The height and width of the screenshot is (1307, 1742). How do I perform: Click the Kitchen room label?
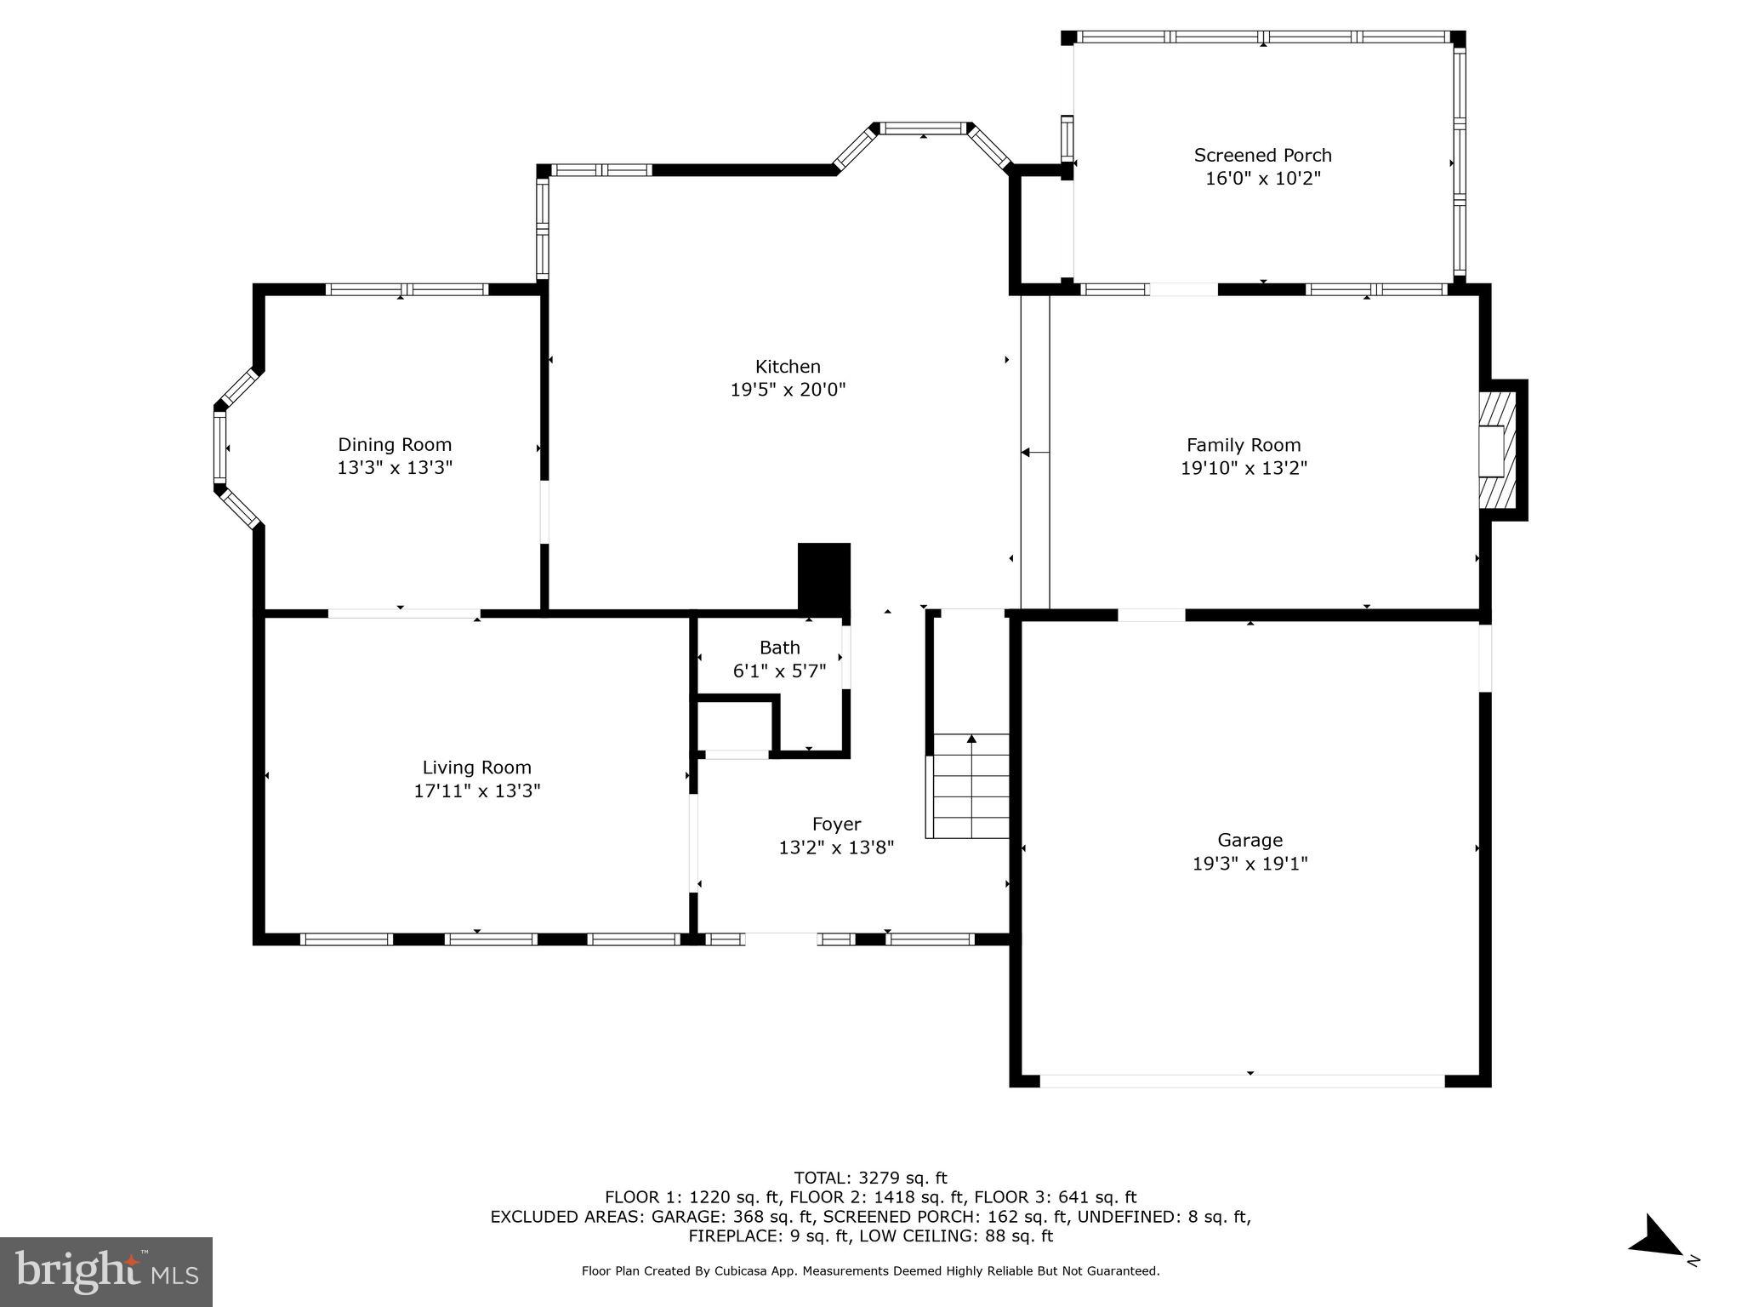[x=788, y=367]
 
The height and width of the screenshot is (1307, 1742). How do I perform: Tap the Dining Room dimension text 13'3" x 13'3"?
[x=395, y=467]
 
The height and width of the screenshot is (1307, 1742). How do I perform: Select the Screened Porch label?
[x=1262, y=156]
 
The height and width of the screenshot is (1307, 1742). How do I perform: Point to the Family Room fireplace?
[x=1499, y=450]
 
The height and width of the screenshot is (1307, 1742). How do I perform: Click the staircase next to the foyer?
[x=971, y=786]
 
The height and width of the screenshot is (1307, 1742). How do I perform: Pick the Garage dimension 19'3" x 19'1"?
[x=1250, y=864]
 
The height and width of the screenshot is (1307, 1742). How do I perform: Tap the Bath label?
[x=779, y=648]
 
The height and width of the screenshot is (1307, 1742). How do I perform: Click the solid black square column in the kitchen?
[x=823, y=576]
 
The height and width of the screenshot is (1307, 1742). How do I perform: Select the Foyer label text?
[x=836, y=824]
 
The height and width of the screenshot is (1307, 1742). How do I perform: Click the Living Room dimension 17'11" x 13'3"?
[x=477, y=790]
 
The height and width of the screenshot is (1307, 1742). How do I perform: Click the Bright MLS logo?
[x=106, y=1271]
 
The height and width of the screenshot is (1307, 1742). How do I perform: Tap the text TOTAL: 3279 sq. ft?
[x=870, y=1178]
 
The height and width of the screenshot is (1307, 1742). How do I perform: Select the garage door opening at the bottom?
[x=1242, y=1081]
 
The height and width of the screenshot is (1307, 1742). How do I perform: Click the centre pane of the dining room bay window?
[x=220, y=448]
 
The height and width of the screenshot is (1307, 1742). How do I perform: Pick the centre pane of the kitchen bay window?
[x=924, y=128]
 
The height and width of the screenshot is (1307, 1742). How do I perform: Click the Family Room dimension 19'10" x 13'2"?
[x=1244, y=467]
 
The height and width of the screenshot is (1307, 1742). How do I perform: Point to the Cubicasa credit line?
[x=870, y=1270]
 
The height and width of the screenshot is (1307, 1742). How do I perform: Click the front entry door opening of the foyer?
[x=781, y=939]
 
